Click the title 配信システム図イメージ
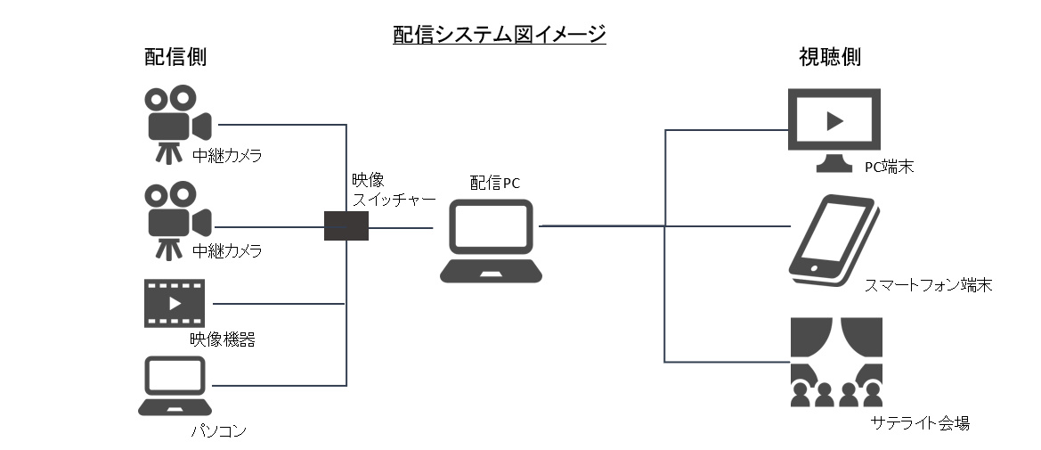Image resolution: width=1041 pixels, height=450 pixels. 500,35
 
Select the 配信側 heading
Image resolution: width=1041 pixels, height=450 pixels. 175,58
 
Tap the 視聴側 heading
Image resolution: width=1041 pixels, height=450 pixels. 829,58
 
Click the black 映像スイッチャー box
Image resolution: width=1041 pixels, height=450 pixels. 346,226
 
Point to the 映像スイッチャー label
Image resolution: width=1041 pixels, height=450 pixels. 393,190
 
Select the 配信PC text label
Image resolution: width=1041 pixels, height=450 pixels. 494,183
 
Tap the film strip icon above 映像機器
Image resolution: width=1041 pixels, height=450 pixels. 172,303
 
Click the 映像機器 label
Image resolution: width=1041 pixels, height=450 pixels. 216,340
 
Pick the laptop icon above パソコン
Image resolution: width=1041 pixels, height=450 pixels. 173,386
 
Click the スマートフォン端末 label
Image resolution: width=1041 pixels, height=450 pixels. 928,286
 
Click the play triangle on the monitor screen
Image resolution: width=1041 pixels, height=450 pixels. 834,120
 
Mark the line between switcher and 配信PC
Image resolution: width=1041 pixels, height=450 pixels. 401,227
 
